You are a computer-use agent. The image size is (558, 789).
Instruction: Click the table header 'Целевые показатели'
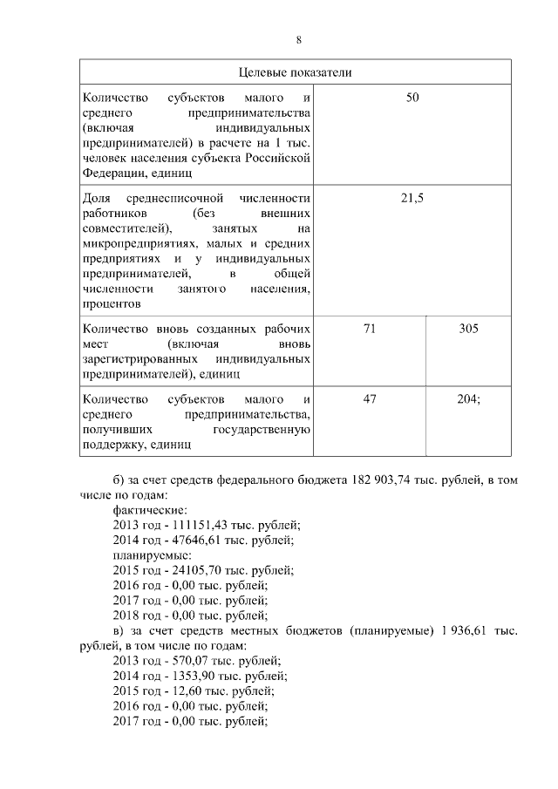coord(296,71)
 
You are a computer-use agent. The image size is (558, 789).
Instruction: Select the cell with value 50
coord(412,99)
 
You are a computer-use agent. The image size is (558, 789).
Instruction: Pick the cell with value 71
coord(369,329)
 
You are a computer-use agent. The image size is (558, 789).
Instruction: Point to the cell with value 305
coord(468,329)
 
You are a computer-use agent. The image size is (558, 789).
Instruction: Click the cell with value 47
coord(369,398)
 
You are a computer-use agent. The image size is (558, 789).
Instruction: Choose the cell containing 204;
coord(468,398)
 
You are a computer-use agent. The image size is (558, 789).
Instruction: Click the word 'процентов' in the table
coord(111,304)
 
